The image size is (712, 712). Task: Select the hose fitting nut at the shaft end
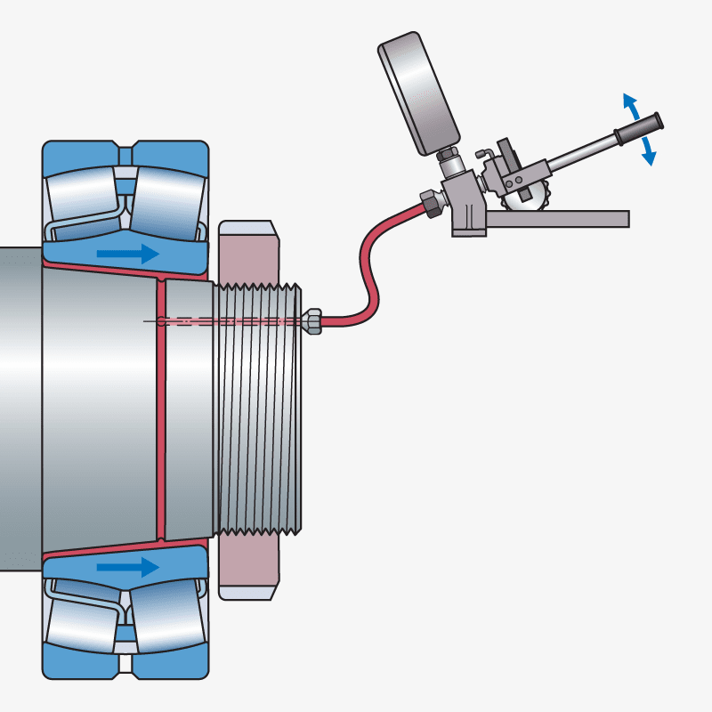(311, 320)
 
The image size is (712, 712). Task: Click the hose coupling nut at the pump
(430, 204)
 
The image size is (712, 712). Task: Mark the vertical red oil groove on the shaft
(161, 409)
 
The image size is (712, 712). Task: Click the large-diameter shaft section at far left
(20, 409)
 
